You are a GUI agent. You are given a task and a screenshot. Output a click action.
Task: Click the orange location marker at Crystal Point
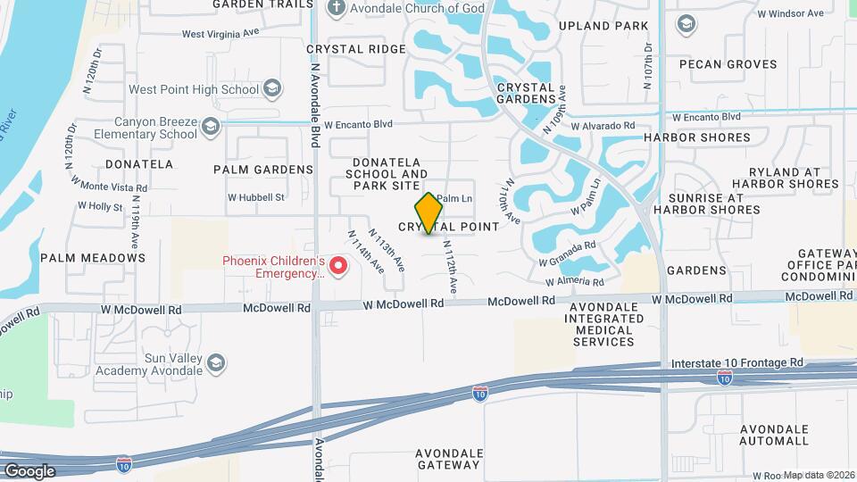point(429,212)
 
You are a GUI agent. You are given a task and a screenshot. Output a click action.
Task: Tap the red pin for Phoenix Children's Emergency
point(338,265)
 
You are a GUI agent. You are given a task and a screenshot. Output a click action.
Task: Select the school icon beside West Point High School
point(272,88)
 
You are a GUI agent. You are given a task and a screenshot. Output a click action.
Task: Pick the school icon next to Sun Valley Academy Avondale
point(215,363)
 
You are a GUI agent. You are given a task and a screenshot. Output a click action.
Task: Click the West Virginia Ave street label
point(220,34)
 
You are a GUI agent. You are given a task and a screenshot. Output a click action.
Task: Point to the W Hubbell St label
point(255,197)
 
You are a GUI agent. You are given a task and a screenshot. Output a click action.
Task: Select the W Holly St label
point(99,205)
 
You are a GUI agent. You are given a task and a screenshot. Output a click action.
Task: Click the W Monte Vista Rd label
point(113,187)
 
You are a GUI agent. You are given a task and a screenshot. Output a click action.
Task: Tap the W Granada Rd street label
point(567,253)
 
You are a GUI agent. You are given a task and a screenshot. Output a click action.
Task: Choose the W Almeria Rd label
point(575,281)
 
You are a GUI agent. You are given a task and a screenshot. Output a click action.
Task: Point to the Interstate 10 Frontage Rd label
point(736,362)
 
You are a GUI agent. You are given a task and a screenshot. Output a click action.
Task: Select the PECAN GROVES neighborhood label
point(728,64)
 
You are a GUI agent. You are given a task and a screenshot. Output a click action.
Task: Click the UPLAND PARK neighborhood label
point(603,26)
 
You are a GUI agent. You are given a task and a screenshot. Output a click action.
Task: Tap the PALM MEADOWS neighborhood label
point(93,258)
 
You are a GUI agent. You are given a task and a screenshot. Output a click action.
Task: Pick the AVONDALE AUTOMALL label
point(774,435)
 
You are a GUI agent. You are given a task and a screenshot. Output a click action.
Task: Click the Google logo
point(29,470)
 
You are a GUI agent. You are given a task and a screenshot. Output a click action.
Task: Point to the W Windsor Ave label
point(790,13)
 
